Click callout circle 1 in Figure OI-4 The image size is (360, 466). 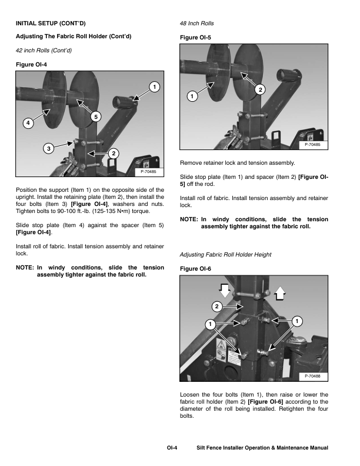(154, 88)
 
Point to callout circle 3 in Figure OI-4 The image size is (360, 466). (49, 147)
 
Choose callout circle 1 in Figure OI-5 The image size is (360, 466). (191, 96)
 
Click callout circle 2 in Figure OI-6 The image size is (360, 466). (216, 307)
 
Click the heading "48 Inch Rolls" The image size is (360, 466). (196, 24)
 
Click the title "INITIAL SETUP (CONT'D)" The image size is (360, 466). (50, 24)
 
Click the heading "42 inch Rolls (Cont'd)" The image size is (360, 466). (44, 50)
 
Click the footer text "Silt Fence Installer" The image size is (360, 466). (223, 448)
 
